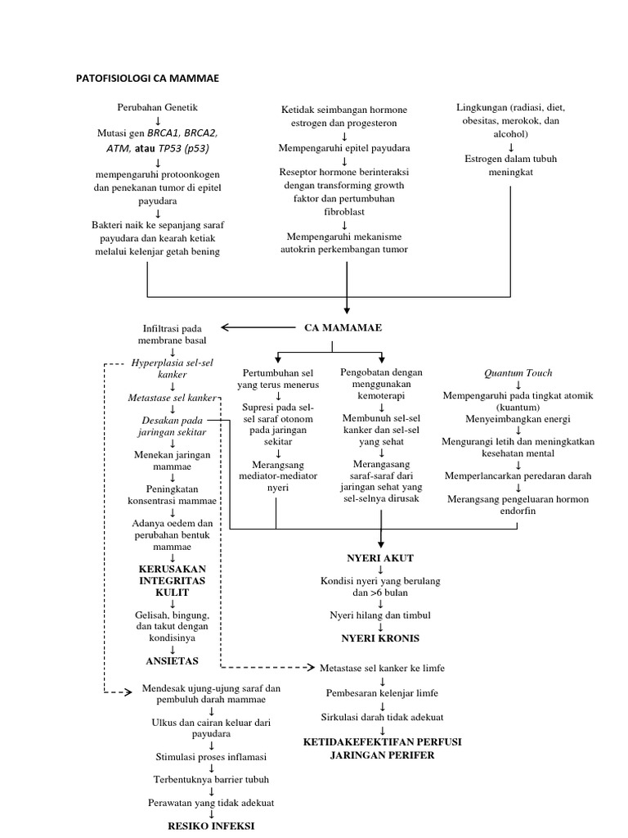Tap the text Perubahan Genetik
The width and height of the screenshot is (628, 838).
157,107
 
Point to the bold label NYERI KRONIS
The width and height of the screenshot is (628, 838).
380,638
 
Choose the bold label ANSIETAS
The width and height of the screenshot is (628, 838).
172,660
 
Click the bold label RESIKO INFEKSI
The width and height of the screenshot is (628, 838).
211,826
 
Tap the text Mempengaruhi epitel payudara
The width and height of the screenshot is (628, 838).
345,148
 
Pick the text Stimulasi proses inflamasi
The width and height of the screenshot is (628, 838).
211,757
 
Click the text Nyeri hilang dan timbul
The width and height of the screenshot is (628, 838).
380,614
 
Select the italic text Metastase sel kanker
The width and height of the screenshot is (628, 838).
173,398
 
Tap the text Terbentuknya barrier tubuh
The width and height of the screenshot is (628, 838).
211,780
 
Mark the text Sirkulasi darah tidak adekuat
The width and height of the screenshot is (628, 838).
381,718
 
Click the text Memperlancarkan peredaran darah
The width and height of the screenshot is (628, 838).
518,475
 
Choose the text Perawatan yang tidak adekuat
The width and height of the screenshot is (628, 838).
211,803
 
